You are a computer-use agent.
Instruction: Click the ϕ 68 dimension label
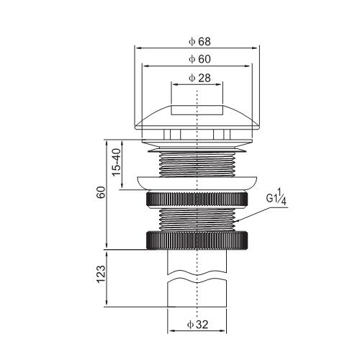(x=199, y=42)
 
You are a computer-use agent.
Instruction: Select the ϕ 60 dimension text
(x=199, y=59)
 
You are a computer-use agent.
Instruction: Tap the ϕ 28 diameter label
(x=199, y=78)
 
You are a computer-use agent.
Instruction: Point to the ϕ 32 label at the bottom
(x=197, y=325)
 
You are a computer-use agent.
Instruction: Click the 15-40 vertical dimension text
(x=117, y=162)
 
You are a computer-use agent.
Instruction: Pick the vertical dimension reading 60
(x=101, y=192)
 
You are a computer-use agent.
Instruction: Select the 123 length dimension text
(x=101, y=274)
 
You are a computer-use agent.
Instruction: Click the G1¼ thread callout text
(x=276, y=197)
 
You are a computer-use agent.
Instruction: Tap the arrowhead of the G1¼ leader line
(x=236, y=221)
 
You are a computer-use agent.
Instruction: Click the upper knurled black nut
(x=197, y=199)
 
